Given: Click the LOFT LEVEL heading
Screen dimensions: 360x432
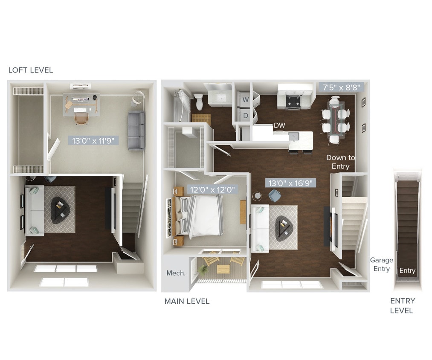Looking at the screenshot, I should tap(31, 70).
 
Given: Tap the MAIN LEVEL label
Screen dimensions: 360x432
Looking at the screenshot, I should tap(187, 302).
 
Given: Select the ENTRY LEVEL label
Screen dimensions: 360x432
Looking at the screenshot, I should tap(402, 306).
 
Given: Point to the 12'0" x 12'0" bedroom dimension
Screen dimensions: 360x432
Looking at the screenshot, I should tap(212, 189).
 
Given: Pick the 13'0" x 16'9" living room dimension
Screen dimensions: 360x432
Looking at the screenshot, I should tap(291, 183).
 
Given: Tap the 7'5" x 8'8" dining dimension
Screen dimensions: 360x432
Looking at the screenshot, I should tap(341, 87).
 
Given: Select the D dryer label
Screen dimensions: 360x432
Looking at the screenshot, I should tap(246, 115).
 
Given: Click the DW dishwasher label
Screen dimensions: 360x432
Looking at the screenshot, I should tap(279, 125).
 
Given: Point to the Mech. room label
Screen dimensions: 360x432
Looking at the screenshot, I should tap(176, 273).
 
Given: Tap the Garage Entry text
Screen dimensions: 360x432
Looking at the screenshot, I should tap(381, 264).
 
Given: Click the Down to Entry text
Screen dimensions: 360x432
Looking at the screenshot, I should tap(340, 162).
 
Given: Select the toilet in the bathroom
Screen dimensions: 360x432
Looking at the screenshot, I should tap(199, 101).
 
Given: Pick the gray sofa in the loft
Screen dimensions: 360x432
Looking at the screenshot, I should tap(136, 130).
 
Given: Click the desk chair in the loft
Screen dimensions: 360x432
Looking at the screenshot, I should tap(81, 118).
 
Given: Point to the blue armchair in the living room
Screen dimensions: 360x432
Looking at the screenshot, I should tap(274, 195).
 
